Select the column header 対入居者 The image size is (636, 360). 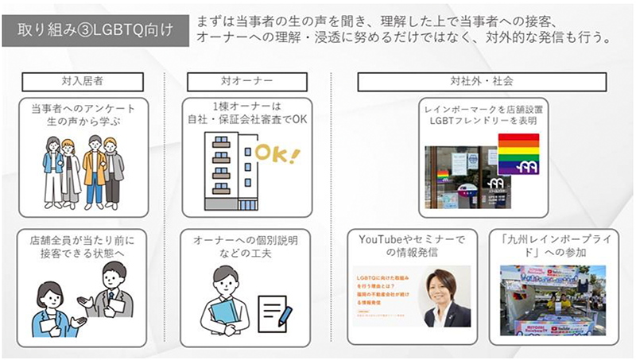pyautogui.click(x=82, y=82)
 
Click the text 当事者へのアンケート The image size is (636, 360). pyautogui.click(x=83, y=109)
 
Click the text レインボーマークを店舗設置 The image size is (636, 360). pyautogui.click(x=482, y=108)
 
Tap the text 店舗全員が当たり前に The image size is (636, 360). pyautogui.click(x=83, y=239)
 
